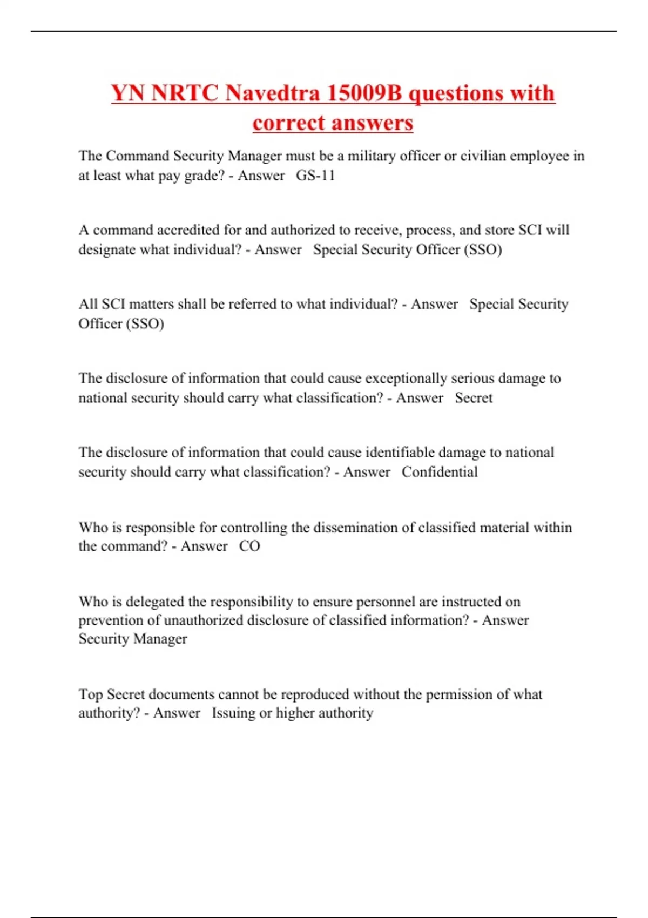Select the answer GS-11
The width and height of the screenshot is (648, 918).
[315, 175]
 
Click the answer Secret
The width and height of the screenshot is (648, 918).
[474, 398]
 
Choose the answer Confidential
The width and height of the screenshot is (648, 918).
[440, 472]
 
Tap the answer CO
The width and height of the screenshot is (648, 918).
[249, 546]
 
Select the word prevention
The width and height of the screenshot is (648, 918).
[111, 620]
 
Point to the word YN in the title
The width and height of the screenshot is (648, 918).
[128, 93]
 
